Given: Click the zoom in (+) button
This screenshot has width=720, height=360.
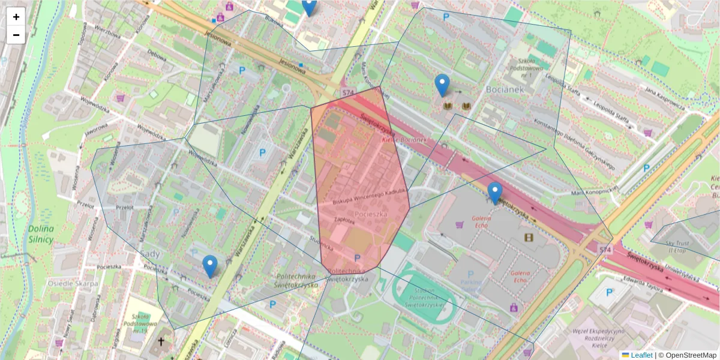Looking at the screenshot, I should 16,17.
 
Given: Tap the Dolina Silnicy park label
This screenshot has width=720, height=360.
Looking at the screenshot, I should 40,234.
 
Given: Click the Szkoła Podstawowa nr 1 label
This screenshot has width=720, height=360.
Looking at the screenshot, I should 527,67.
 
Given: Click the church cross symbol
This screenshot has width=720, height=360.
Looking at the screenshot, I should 160,342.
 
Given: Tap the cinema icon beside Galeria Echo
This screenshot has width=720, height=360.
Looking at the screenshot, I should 529,238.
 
